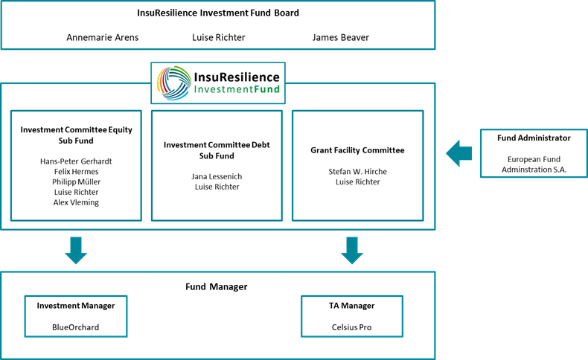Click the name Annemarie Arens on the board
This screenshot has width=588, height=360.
[x=102, y=37]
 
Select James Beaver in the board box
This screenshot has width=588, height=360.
[x=340, y=37]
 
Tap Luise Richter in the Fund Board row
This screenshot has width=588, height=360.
[x=218, y=37]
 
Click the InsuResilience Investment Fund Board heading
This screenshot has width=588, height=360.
[x=218, y=13]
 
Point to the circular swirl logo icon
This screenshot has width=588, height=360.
[x=173, y=83]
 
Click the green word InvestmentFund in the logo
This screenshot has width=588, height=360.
[x=236, y=90]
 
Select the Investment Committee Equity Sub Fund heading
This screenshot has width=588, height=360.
[x=76, y=135]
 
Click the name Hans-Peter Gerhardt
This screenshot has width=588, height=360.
[x=76, y=161]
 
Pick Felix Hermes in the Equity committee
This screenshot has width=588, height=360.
[x=76, y=171]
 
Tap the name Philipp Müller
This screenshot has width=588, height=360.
[x=76, y=181]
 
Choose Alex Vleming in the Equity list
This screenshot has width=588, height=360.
[x=76, y=202]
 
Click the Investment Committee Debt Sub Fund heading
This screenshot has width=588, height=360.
[x=217, y=150]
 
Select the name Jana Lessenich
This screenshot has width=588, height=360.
[x=217, y=176]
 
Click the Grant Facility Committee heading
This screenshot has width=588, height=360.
[x=357, y=150]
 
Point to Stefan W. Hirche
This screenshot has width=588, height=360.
[x=357, y=171]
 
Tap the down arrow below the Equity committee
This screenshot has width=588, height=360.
[x=76, y=251]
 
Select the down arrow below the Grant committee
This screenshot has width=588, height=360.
[x=352, y=251]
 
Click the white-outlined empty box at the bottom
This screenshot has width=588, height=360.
[x=217, y=287]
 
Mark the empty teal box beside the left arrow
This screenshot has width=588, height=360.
[x=533, y=153]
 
